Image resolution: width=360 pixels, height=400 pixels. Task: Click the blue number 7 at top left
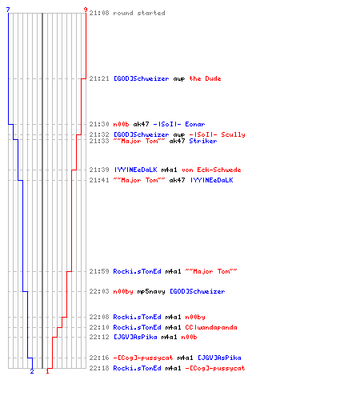[x=8, y=10]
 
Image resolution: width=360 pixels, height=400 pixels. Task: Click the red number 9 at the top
[x=86, y=10]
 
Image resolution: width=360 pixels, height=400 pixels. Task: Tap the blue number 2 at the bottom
[x=32, y=371]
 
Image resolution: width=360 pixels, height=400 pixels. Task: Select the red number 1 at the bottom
[x=47, y=371]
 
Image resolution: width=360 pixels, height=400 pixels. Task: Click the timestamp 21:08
[x=99, y=13]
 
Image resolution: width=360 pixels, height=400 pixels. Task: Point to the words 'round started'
[x=139, y=13]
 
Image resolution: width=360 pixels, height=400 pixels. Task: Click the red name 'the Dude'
[x=205, y=78]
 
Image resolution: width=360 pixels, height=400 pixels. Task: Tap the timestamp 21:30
[x=99, y=124]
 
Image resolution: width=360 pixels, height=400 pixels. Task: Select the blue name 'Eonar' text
[x=195, y=124]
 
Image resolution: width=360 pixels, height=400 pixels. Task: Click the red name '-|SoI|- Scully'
[x=217, y=134]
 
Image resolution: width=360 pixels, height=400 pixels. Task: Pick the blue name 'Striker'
[x=203, y=141]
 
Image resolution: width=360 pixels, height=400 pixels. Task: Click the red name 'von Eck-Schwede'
[x=211, y=170]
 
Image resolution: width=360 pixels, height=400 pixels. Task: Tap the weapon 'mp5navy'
[x=151, y=291]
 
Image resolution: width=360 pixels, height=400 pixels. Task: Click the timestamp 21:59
[x=99, y=271]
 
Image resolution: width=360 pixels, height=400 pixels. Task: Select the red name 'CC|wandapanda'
[x=211, y=327]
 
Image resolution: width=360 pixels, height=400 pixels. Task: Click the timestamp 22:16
[x=99, y=358]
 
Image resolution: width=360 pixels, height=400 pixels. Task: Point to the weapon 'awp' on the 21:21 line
[x=179, y=79]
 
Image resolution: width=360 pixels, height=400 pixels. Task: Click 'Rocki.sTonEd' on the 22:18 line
[x=137, y=368]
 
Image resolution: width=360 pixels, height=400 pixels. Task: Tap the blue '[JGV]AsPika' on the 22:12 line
[x=135, y=337]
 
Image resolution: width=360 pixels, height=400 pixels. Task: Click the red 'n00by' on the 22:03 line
[x=123, y=291]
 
